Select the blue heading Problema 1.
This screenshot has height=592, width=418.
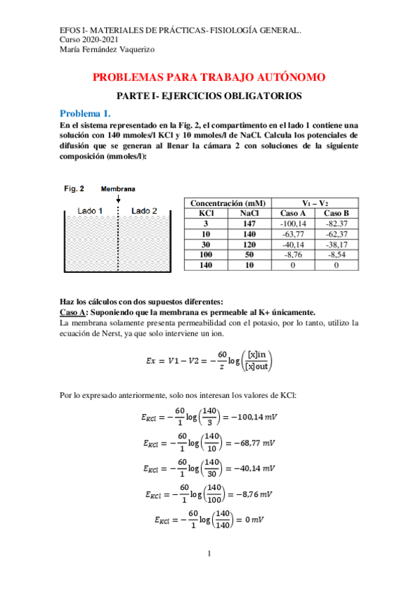[84, 113]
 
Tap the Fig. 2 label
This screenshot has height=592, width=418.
[74, 188]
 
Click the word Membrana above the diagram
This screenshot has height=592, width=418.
[118, 188]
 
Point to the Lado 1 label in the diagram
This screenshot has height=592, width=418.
[90, 211]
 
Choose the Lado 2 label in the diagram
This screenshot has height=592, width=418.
[144, 211]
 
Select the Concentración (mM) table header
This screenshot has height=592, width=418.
[228, 202]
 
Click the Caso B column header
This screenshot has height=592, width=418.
[336, 213]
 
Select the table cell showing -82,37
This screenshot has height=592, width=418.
[336, 223]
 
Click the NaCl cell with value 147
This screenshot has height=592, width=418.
[249, 223]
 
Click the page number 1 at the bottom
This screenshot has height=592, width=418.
[209, 554]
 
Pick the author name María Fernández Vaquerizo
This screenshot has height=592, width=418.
[107, 50]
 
